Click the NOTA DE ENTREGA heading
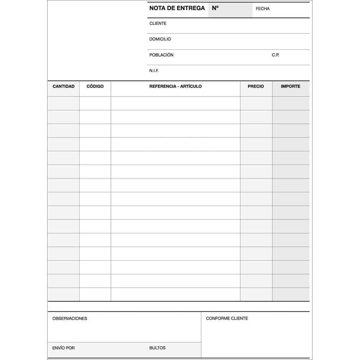(177, 8)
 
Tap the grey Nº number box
(230, 10)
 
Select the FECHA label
(262, 9)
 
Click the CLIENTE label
(158, 23)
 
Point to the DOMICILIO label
(160, 39)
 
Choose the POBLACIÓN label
(161, 55)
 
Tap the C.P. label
(275, 55)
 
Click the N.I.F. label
(154, 71)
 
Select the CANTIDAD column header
(63, 86)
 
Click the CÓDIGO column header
(95, 86)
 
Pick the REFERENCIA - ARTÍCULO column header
(175, 86)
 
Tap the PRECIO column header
(256, 86)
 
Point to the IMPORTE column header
(290, 86)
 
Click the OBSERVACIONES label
(70, 318)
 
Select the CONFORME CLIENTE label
(227, 318)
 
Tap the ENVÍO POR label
(63, 348)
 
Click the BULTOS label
(157, 348)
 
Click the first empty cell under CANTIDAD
(63, 103)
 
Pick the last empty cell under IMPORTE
(291, 294)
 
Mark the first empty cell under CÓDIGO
(95, 103)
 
